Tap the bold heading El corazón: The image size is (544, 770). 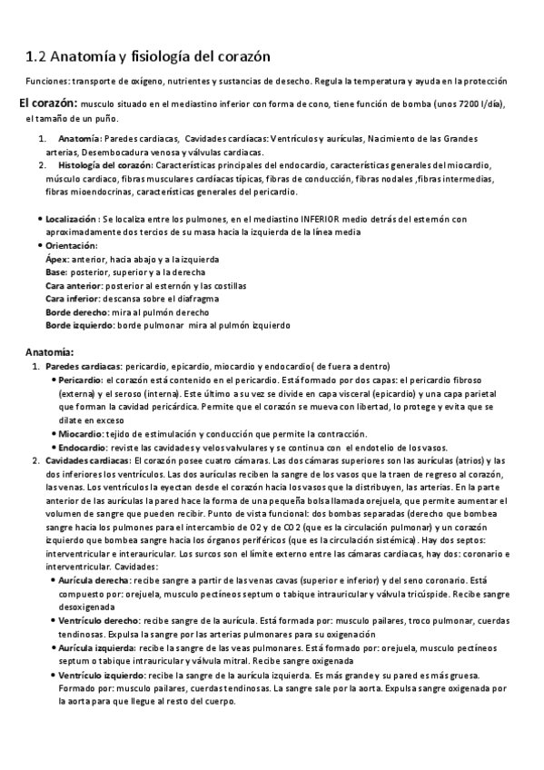tap(51, 103)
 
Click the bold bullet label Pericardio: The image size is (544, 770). tap(81, 380)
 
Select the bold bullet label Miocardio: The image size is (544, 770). tap(81, 433)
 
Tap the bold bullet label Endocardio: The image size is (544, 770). tap(83, 447)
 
